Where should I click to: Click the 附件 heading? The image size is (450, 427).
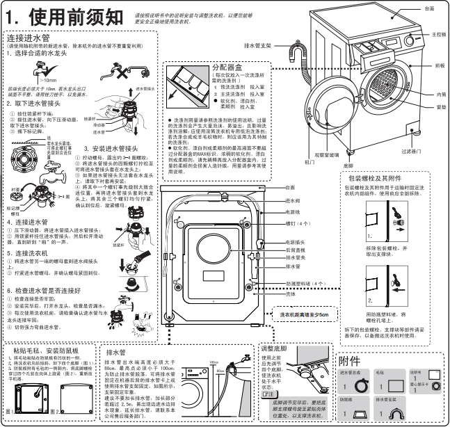pyautogui.click(x=350, y=362)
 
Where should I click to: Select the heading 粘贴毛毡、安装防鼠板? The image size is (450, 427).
pyautogui.click(x=45, y=351)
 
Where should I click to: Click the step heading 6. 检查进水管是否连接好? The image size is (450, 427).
pyautogui.click(x=47, y=289)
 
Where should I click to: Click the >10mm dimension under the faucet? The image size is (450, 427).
pyautogui.click(x=48, y=80)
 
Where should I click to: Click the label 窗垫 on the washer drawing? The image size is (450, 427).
pyautogui.click(x=441, y=107)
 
